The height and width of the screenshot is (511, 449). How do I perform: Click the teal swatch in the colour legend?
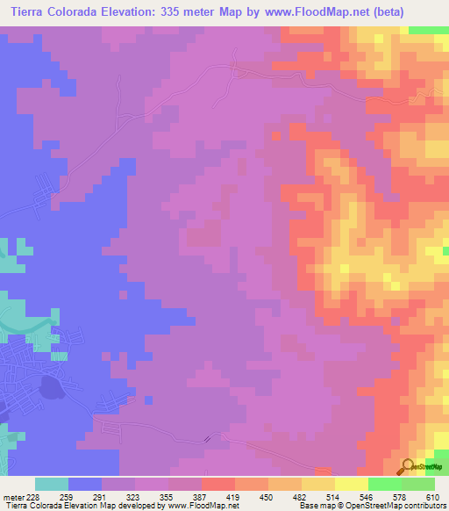pos(52,484)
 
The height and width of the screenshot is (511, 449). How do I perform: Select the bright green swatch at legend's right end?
pos(417,484)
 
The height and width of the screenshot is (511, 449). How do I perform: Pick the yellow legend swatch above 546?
pos(351,484)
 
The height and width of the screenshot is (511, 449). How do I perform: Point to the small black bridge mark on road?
pos(207,439)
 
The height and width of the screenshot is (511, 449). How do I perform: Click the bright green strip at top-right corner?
pos(428,30)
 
